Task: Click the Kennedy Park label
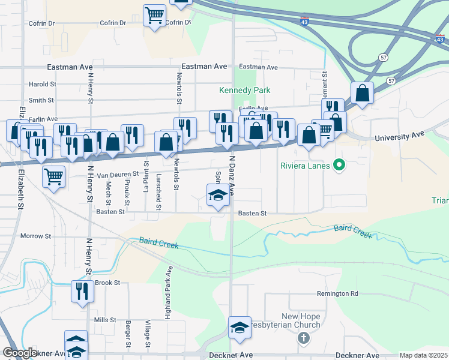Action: [244, 91]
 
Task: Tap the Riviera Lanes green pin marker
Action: [339, 164]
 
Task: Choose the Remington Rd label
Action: [337, 294]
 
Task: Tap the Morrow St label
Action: [36, 236]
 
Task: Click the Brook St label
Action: [107, 283]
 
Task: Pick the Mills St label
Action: [105, 320]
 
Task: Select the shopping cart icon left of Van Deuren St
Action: [54, 176]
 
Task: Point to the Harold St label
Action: [42, 85]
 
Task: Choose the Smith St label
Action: [41, 100]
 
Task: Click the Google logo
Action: [20, 353]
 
